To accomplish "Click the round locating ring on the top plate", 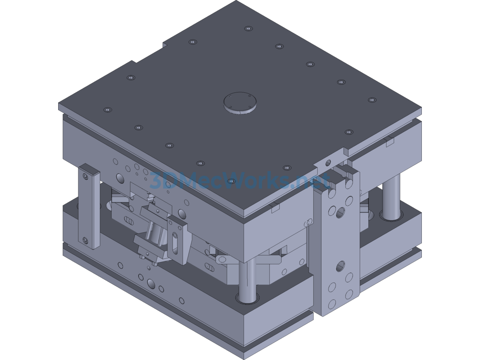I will coord(240,102).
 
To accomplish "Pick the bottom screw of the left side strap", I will coord(85,240).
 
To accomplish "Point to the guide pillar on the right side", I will coord(390,197).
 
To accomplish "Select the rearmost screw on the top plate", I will coord(247,28).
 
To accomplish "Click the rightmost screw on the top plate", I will coord(372,99).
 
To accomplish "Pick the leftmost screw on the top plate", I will coord(107,110).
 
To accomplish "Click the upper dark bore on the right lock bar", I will coord(340,214).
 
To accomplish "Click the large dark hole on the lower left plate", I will coord(151,284).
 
